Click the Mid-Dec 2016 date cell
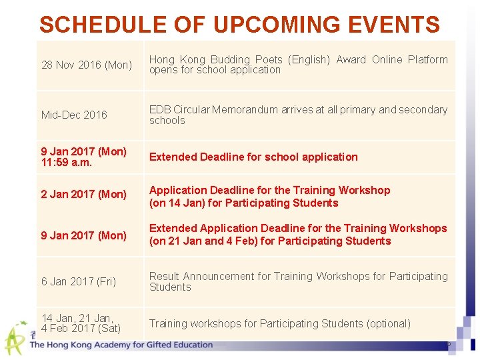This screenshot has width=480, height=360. click(x=74, y=115)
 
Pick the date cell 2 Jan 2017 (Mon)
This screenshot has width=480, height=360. click(x=83, y=194)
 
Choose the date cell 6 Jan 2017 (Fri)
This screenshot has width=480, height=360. click(x=79, y=281)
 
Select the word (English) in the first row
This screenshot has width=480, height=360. click(x=309, y=59)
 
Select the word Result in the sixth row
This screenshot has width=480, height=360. click(x=164, y=276)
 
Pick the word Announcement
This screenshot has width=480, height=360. click(x=219, y=276)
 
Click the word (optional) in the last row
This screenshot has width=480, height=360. click(x=388, y=323)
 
